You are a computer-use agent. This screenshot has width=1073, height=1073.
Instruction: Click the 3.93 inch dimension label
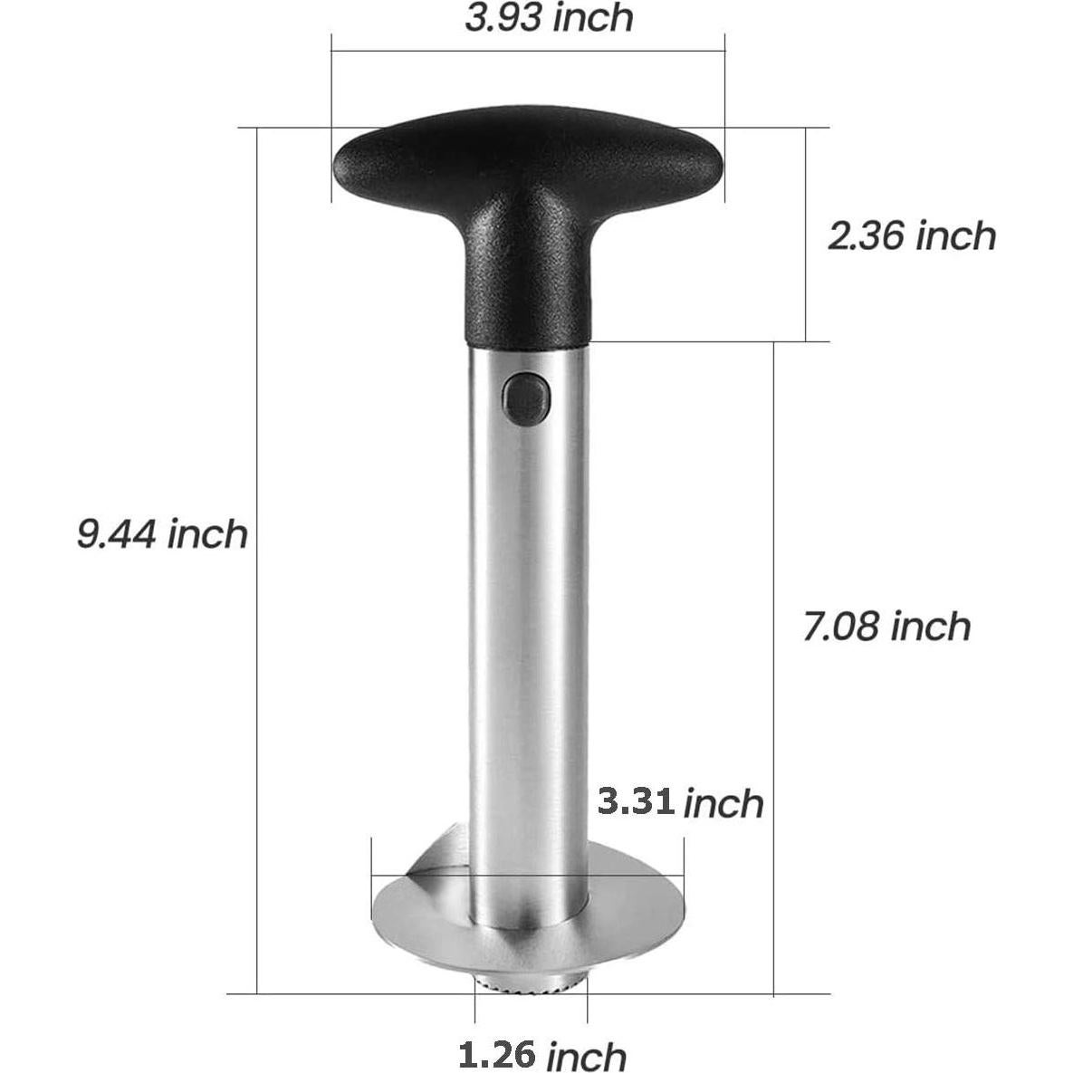tap(549, 18)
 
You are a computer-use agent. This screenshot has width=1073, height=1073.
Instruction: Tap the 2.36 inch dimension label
tap(910, 235)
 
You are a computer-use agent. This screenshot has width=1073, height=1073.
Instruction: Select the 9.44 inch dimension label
tap(162, 534)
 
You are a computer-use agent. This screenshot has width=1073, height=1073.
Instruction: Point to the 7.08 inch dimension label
tap(886, 626)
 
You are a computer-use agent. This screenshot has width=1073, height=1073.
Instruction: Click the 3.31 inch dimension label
tap(680, 802)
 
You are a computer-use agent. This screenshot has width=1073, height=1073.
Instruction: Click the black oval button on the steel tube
tap(527, 400)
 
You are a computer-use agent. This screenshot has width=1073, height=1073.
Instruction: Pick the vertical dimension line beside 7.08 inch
tap(773, 724)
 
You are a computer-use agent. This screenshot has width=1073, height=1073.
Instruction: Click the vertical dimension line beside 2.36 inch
tap(806, 181)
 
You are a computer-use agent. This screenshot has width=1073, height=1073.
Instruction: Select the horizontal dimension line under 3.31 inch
tap(634, 877)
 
